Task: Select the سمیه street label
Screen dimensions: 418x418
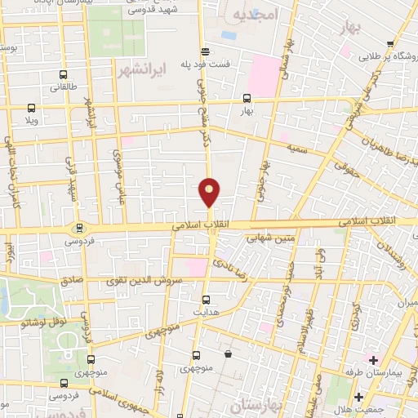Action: pos(296,146)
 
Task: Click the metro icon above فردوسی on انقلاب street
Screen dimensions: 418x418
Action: pos(78,229)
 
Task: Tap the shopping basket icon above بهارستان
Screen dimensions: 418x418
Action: pos(229,355)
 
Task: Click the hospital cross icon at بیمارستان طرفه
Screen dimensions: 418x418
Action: pos(374,360)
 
